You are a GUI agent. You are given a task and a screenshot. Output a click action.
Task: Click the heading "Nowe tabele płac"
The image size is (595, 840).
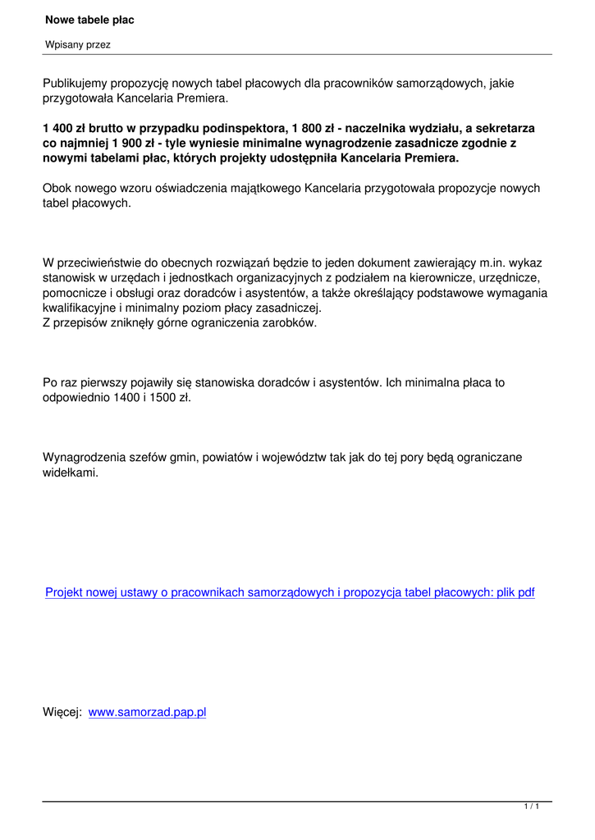tap(90, 19)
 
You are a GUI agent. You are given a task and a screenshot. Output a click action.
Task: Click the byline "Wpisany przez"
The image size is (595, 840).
tap(78, 45)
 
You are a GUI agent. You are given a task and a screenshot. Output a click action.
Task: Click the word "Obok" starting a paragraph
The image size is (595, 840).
tap(57, 188)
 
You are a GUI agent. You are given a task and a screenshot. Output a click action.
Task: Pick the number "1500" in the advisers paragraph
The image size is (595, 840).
tap(155, 397)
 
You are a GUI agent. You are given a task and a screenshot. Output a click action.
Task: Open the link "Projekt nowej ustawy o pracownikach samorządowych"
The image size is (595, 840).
tap(189, 592)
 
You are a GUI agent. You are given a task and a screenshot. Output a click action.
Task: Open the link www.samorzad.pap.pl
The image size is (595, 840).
tap(147, 712)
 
